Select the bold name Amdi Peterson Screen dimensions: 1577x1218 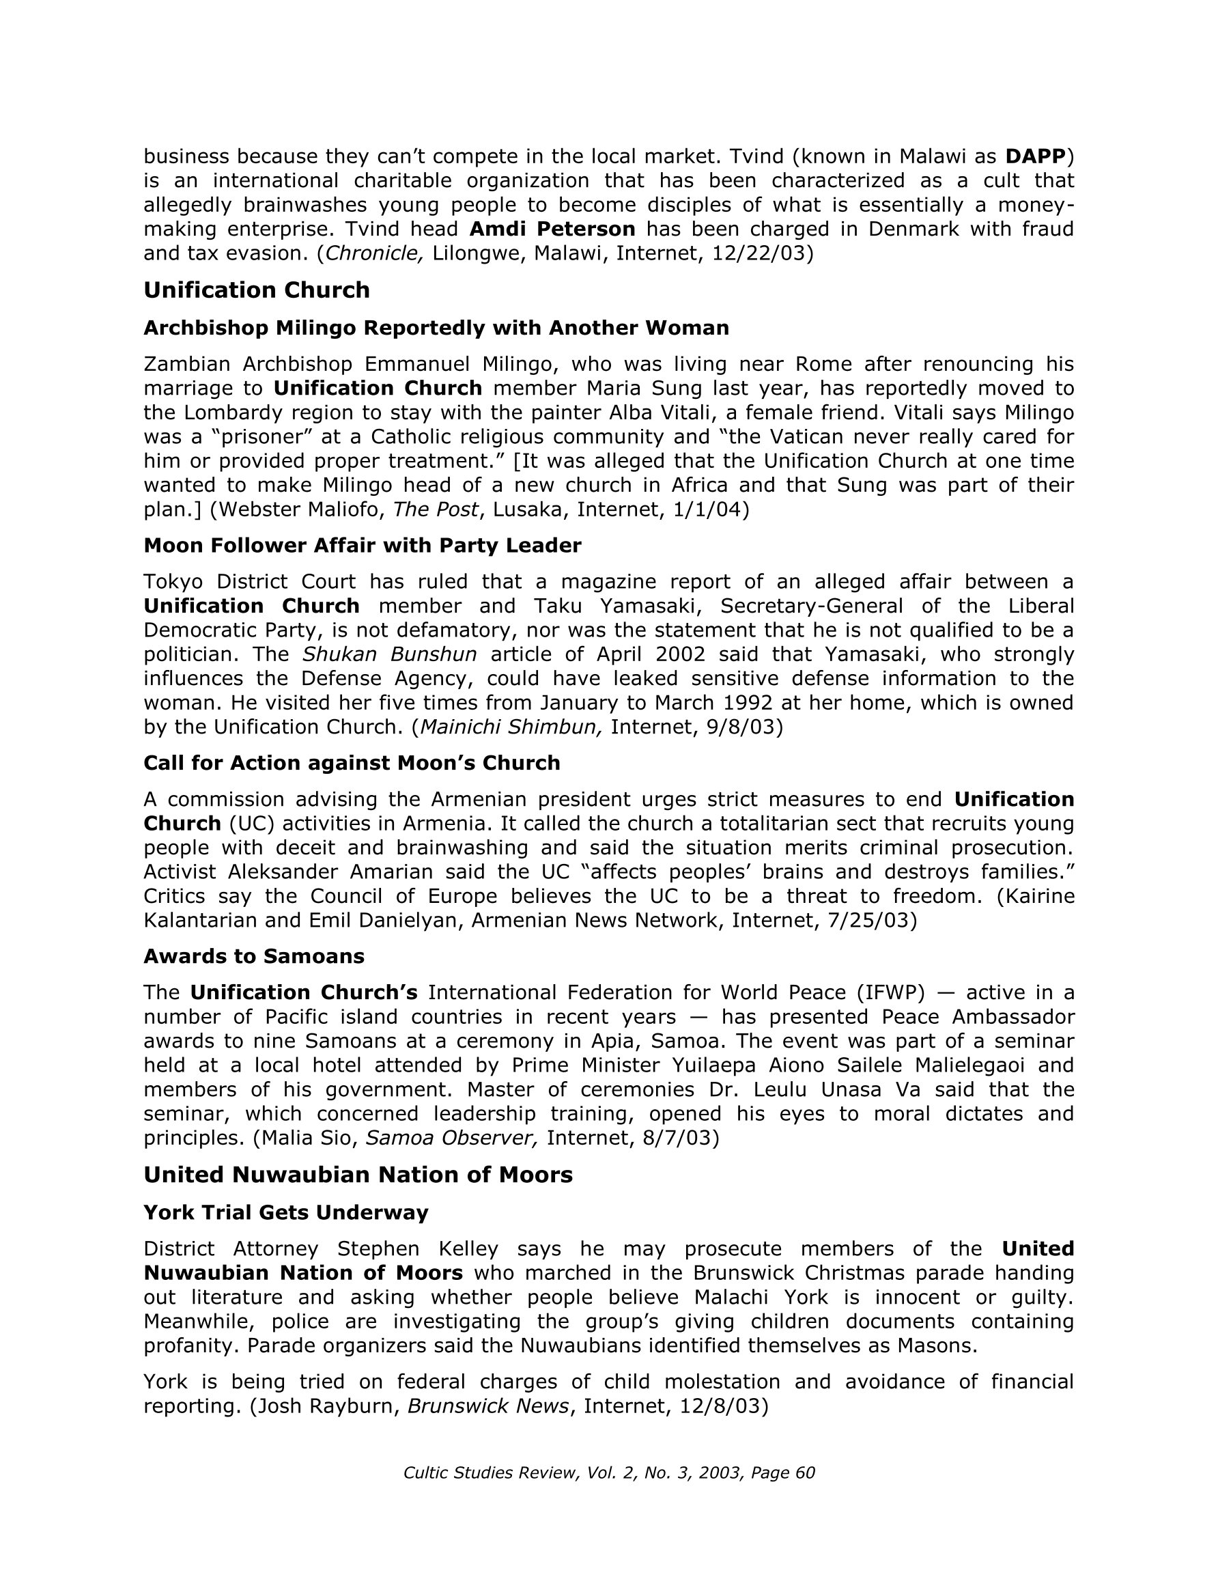point(552,229)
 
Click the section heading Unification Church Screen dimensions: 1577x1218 point(256,290)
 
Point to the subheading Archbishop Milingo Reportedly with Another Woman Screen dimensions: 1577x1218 point(436,328)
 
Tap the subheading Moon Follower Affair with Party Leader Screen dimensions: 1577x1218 point(363,545)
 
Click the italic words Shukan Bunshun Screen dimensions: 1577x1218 point(389,654)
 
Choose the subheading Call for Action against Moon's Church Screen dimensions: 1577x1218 point(352,762)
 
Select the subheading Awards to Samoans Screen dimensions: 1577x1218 point(254,956)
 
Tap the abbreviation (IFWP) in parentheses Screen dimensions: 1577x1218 point(890,993)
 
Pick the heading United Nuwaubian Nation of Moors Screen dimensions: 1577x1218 point(358,1175)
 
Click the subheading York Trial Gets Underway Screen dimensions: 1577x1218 point(286,1212)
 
